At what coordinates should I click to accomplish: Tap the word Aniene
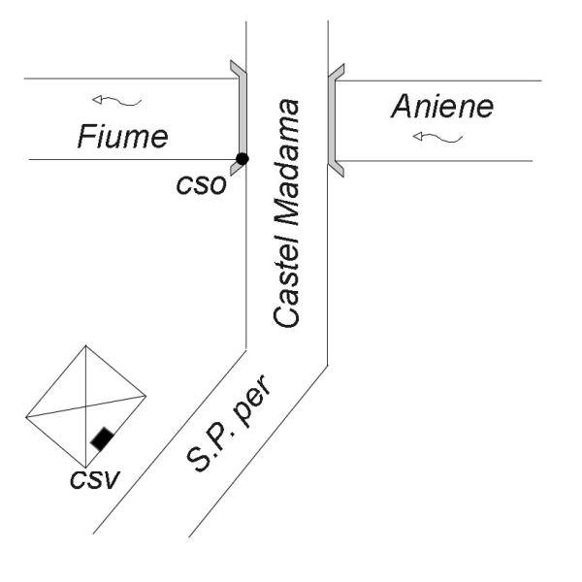pos(429,106)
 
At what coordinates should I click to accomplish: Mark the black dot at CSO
pos(242,158)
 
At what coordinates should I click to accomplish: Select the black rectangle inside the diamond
pos(101,438)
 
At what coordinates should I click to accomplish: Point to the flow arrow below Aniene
pos(437,138)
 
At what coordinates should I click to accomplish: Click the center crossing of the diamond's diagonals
pos(86,404)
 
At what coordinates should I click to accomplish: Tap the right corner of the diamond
pos(146,395)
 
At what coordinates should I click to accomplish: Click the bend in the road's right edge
pos(328,365)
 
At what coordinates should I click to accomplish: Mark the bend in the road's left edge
pos(246,346)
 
